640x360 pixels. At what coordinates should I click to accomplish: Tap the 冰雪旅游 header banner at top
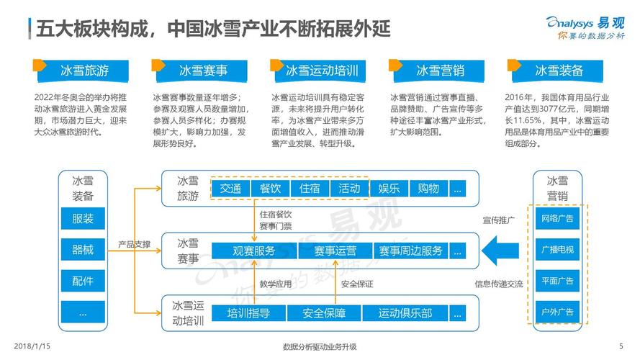point(84,70)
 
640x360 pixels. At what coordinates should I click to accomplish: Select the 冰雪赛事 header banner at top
point(203,70)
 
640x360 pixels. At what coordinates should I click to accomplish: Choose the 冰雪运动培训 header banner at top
point(321,70)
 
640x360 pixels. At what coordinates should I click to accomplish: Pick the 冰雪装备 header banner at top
point(559,70)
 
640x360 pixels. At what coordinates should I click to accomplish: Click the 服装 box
point(83,218)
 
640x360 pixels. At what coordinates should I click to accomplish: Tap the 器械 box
point(83,250)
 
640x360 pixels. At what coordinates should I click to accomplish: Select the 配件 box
point(83,281)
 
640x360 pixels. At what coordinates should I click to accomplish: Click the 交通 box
point(230,189)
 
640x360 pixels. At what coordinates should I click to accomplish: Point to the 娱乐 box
point(389,189)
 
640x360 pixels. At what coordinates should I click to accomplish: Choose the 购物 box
point(428,189)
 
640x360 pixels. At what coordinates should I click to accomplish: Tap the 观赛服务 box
point(254,251)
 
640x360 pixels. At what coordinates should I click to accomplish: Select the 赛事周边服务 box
point(410,251)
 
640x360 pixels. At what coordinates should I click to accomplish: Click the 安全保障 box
point(324,313)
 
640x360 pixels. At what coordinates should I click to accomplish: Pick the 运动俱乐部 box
point(405,313)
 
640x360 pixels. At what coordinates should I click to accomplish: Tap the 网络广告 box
point(557,218)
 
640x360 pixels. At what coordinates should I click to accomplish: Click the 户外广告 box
point(557,312)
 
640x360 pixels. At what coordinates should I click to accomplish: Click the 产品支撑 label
point(135,245)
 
